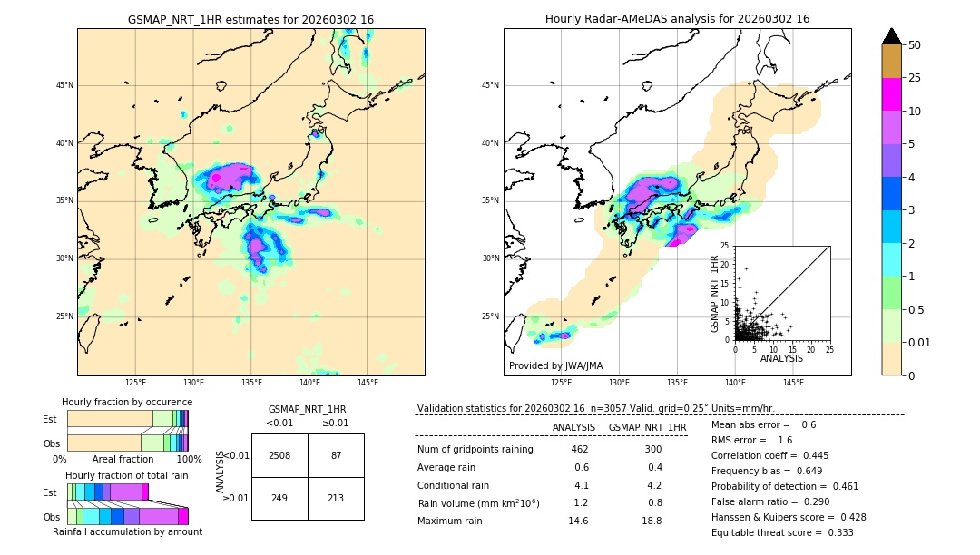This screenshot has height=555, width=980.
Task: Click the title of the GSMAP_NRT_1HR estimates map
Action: click(250, 19)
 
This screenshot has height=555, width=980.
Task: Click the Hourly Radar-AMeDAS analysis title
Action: click(677, 19)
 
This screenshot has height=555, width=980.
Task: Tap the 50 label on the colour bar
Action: click(915, 45)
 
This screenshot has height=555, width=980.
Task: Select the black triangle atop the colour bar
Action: click(892, 36)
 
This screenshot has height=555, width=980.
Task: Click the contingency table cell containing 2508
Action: click(279, 455)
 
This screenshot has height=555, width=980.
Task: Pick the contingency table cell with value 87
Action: click(336, 455)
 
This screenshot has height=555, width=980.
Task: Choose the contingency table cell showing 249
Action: click(279, 498)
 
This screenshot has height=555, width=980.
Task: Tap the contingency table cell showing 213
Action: click(336, 498)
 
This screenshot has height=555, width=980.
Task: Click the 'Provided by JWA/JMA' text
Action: click(555, 365)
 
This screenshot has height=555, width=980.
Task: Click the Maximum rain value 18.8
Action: click(653, 521)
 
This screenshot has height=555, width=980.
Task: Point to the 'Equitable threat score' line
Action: click(782, 532)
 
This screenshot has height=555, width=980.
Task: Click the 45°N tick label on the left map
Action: click(64, 85)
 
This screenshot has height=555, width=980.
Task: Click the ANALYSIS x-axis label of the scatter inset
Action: click(781, 358)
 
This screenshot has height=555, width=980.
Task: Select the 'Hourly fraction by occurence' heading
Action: click(127, 402)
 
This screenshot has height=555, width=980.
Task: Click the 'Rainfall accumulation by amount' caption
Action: click(127, 531)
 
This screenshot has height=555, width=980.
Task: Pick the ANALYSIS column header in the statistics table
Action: click(573, 427)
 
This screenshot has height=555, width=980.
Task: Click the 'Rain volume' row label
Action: click(478, 502)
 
